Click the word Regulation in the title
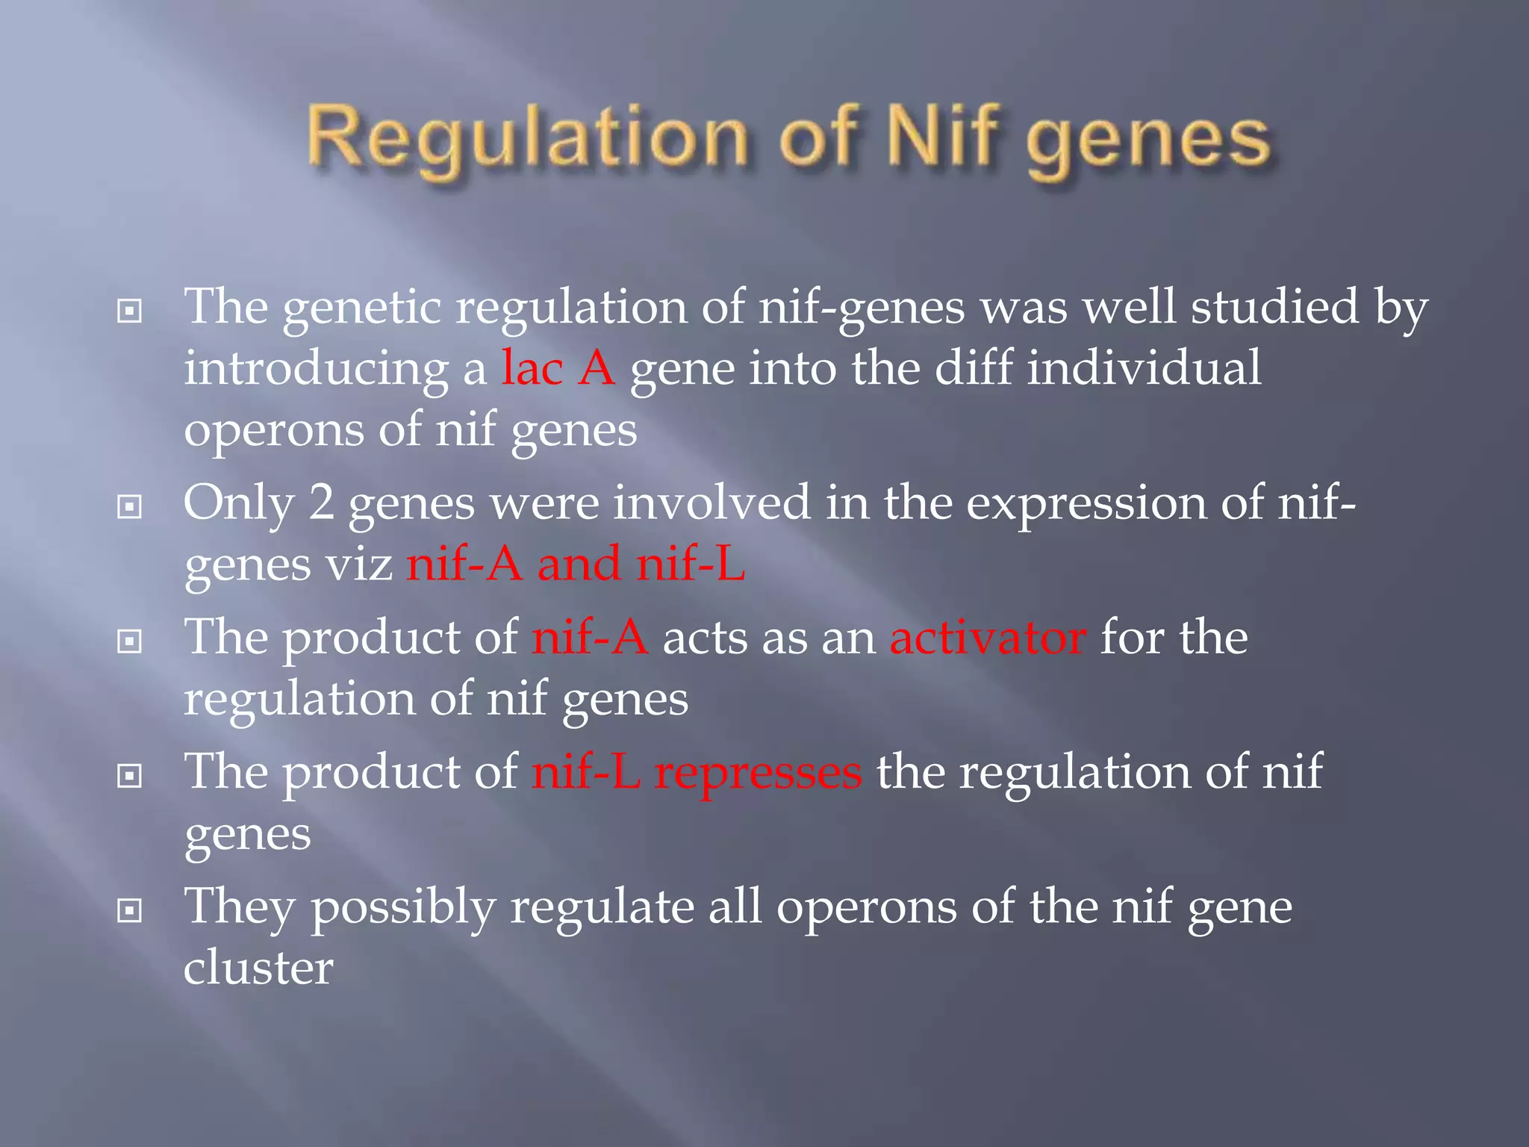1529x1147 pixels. pos(526,138)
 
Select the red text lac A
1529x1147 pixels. pos(558,368)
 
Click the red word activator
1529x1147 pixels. pos(987,638)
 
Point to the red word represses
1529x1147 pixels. pos(758,773)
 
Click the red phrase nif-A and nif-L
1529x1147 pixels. pos(576,564)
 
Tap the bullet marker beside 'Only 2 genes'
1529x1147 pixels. pos(130,507)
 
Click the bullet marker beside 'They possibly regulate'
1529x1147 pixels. pos(130,910)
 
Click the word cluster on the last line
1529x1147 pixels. pos(258,969)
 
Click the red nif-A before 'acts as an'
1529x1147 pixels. pos(590,638)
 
